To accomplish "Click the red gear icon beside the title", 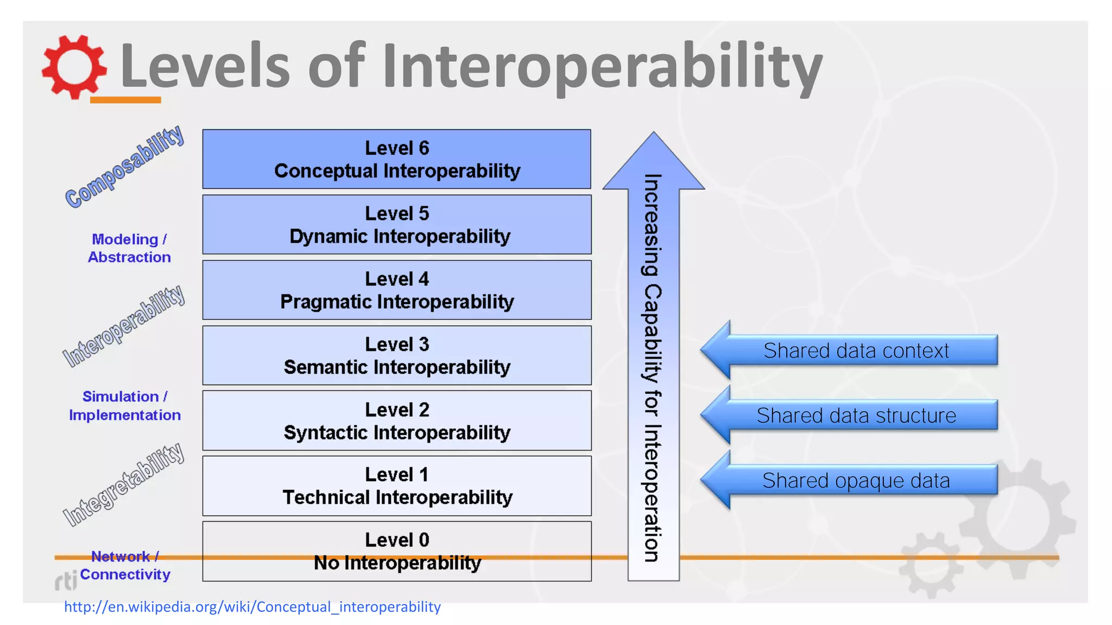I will pyautogui.click(x=74, y=67).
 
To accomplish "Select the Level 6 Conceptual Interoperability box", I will pyautogui.click(x=396, y=159).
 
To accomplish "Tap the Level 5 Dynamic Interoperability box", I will pyautogui.click(x=396, y=225).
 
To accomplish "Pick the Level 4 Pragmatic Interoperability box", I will pyautogui.click(x=396, y=290).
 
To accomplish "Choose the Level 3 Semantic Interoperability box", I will pyautogui.click(x=396, y=355).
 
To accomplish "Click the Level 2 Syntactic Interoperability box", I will pyautogui.click(x=396, y=420).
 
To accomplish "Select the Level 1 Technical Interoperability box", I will pyautogui.click(x=396, y=486).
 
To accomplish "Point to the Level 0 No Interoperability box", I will pyautogui.click(x=396, y=551).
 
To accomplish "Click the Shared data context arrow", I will pyautogui.click(x=855, y=350).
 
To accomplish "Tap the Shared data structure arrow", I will pyautogui.click(x=855, y=416).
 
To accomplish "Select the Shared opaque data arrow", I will pyautogui.click(x=855, y=481).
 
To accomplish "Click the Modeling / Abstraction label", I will pyautogui.click(x=129, y=248).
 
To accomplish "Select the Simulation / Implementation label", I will pyautogui.click(x=124, y=405).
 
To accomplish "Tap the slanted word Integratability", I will pyautogui.click(x=124, y=484).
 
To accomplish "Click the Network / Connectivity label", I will pyautogui.click(x=125, y=565).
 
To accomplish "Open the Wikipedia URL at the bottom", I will pyautogui.click(x=252, y=607).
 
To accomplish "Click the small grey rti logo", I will pyautogui.click(x=66, y=581).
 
